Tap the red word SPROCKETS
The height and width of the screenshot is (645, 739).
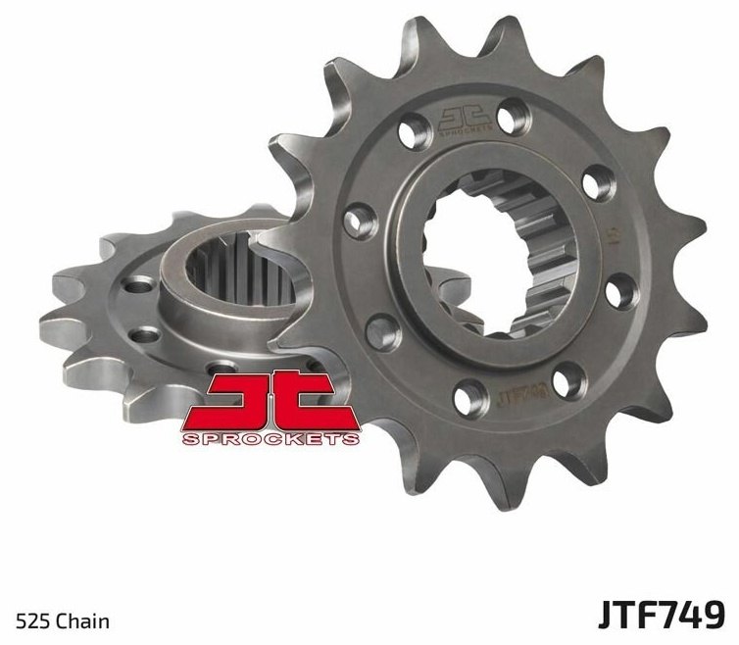270,438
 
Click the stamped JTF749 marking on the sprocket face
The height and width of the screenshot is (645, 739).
520,396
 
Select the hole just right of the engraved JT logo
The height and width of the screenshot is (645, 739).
513,120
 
